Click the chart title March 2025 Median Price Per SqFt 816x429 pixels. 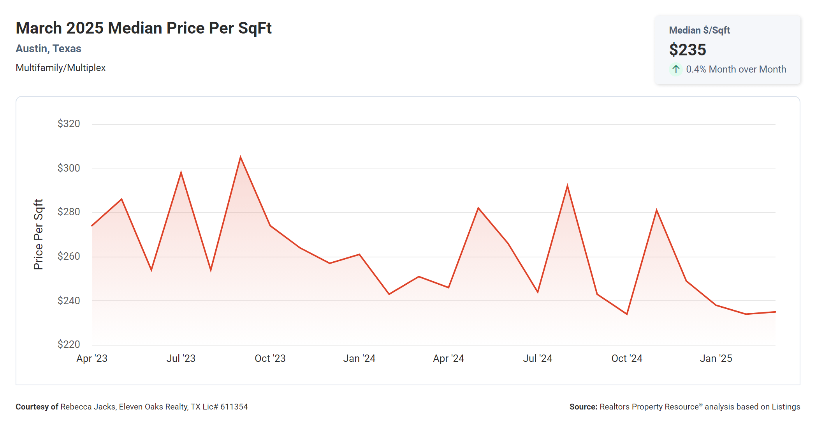click(x=144, y=28)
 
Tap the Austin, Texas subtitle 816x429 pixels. click(x=48, y=49)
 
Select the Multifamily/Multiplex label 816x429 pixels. click(x=60, y=68)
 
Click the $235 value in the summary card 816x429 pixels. click(x=688, y=50)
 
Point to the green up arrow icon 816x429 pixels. click(x=676, y=69)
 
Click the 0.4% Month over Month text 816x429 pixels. click(x=736, y=69)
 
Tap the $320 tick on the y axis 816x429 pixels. click(x=69, y=124)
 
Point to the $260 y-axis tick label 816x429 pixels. click(x=69, y=256)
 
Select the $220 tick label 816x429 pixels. click(x=69, y=344)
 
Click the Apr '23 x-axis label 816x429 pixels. click(x=92, y=358)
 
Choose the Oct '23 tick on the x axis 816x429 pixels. click(x=270, y=358)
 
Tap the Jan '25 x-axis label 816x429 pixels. click(x=716, y=358)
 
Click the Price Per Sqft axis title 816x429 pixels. click(x=38, y=234)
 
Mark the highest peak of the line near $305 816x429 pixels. click(x=241, y=157)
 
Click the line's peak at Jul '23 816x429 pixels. click(x=181, y=172)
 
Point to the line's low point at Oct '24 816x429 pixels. click(x=627, y=314)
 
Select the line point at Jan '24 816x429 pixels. click(x=359, y=255)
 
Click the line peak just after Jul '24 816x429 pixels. click(x=567, y=186)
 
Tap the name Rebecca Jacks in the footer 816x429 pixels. click(x=88, y=407)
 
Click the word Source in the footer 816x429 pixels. click(x=583, y=407)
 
